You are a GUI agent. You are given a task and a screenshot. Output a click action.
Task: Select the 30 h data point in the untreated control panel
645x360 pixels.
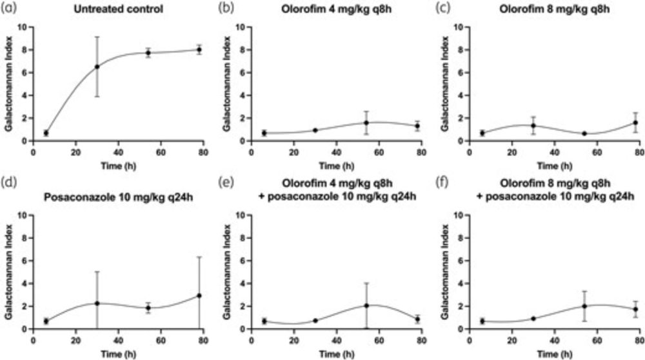[x=97, y=66]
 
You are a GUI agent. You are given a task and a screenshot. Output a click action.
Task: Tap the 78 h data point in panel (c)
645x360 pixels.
[x=635, y=123]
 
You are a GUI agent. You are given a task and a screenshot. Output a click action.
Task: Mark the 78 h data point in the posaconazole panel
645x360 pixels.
[x=199, y=295]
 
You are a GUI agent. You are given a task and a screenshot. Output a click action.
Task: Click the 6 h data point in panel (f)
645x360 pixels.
[x=481, y=321]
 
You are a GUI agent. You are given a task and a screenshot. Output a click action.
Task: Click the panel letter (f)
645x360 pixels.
[x=444, y=188]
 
